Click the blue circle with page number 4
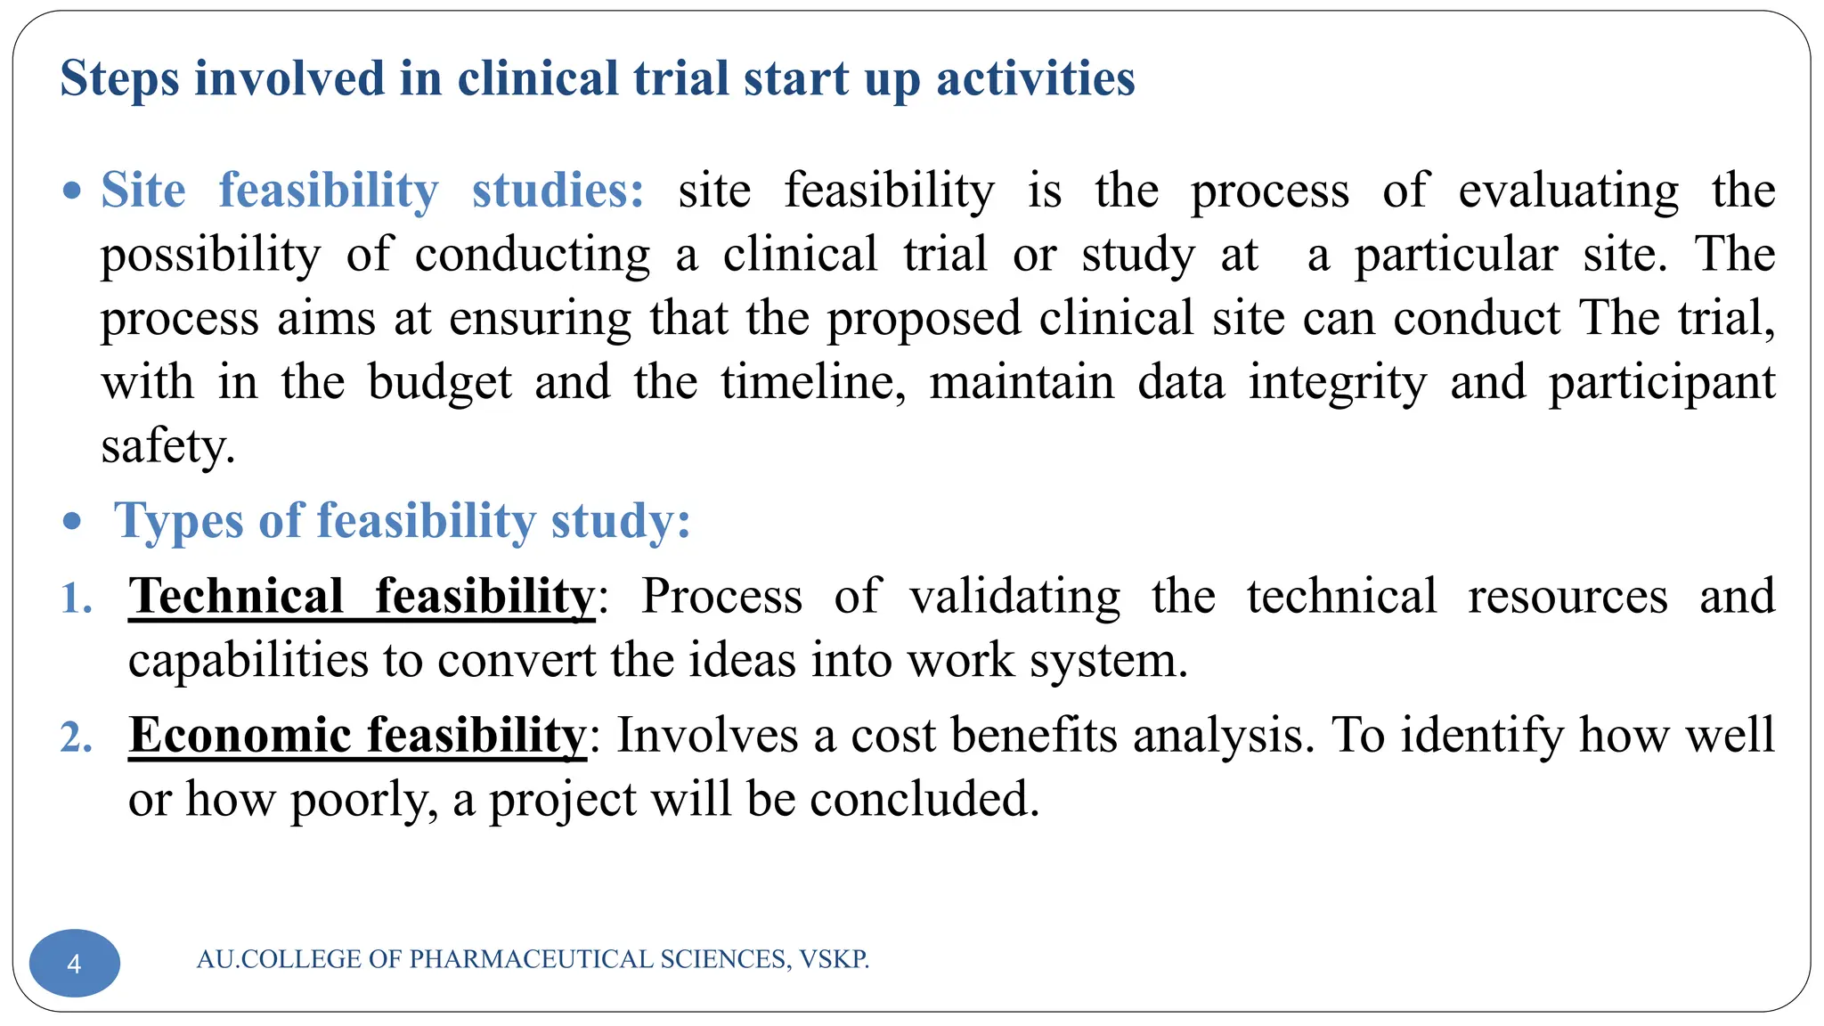click(75, 963)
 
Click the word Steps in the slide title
click(119, 79)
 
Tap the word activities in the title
click(1035, 79)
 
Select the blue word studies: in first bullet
click(558, 191)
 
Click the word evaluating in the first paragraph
click(1567, 191)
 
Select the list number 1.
click(76, 598)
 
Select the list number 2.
click(76, 738)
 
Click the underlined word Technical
click(236, 597)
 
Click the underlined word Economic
click(240, 736)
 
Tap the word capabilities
click(248, 661)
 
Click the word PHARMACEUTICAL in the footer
click(531, 959)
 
